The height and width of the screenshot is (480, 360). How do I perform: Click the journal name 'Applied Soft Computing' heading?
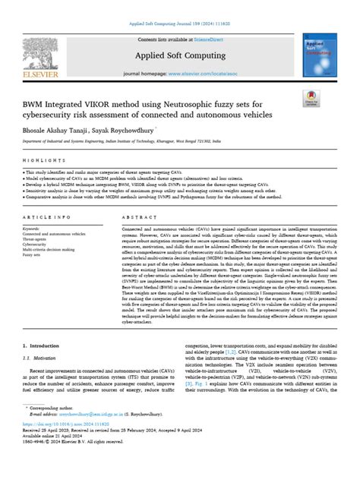click(x=179, y=57)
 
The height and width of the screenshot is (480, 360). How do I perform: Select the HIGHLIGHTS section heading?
click(x=39, y=162)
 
